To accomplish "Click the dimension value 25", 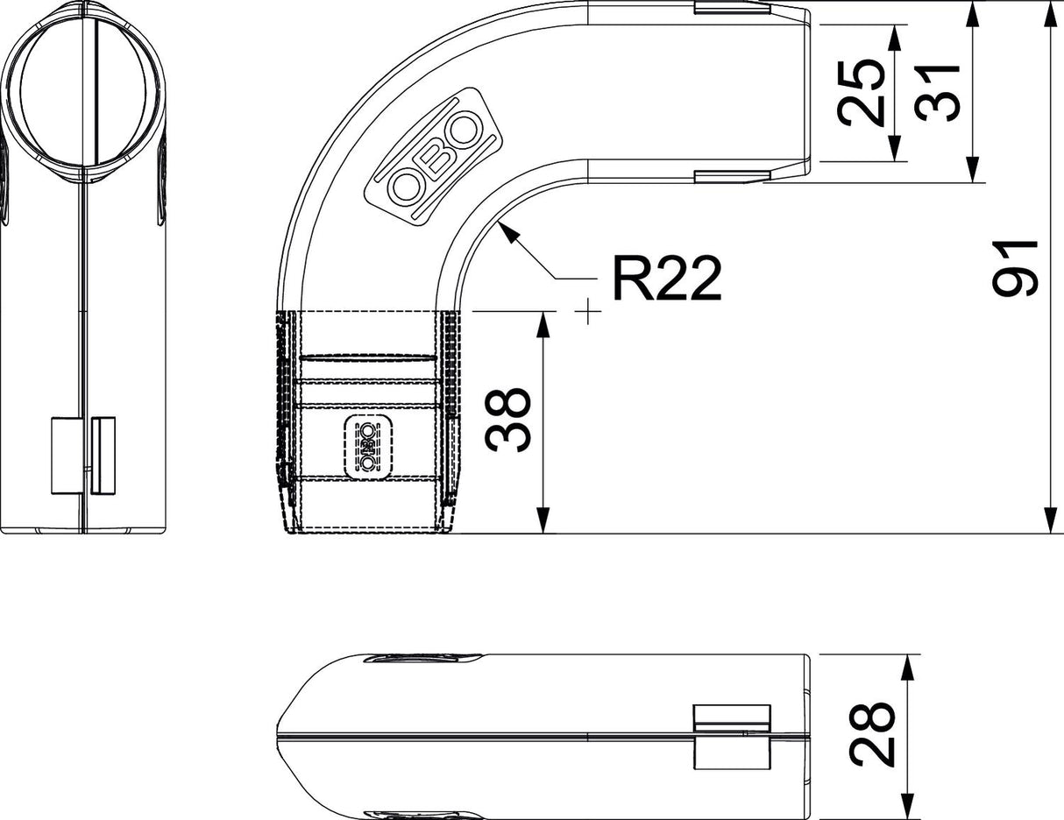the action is (x=861, y=93).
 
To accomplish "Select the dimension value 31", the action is (x=936, y=93).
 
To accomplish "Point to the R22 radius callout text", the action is (x=667, y=279).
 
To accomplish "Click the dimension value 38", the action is (x=507, y=420).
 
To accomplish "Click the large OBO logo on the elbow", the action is (x=434, y=157).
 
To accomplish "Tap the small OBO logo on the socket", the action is (x=368, y=447).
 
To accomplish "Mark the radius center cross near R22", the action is (x=588, y=311).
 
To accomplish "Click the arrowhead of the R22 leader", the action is (x=507, y=233).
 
